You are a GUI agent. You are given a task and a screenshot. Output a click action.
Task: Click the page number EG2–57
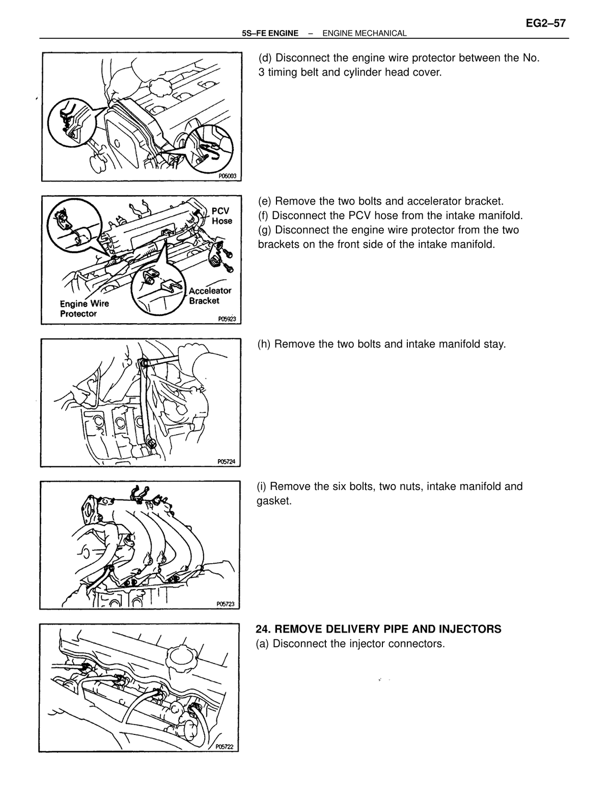(x=545, y=23)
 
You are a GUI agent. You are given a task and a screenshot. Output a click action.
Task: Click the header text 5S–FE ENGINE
(x=270, y=34)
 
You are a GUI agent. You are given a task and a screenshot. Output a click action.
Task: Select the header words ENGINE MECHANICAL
(x=364, y=34)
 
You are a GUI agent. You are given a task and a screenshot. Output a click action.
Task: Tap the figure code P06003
(x=227, y=176)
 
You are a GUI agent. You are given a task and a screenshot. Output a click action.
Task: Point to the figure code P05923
(x=227, y=319)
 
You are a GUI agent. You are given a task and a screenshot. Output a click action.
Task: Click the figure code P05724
(x=227, y=462)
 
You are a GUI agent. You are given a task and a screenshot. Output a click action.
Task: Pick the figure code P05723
(x=226, y=604)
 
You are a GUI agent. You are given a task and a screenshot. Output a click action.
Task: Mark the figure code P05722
(x=224, y=747)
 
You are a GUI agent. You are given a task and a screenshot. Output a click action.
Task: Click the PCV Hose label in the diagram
(x=221, y=216)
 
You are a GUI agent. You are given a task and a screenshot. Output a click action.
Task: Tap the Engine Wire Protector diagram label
(x=85, y=309)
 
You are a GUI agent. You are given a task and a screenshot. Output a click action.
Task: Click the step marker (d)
(x=265, y=58)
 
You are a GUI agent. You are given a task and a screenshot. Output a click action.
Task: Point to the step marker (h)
(x=264, y=345)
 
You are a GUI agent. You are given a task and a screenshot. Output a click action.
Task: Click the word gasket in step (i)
(x=273, y=501)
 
